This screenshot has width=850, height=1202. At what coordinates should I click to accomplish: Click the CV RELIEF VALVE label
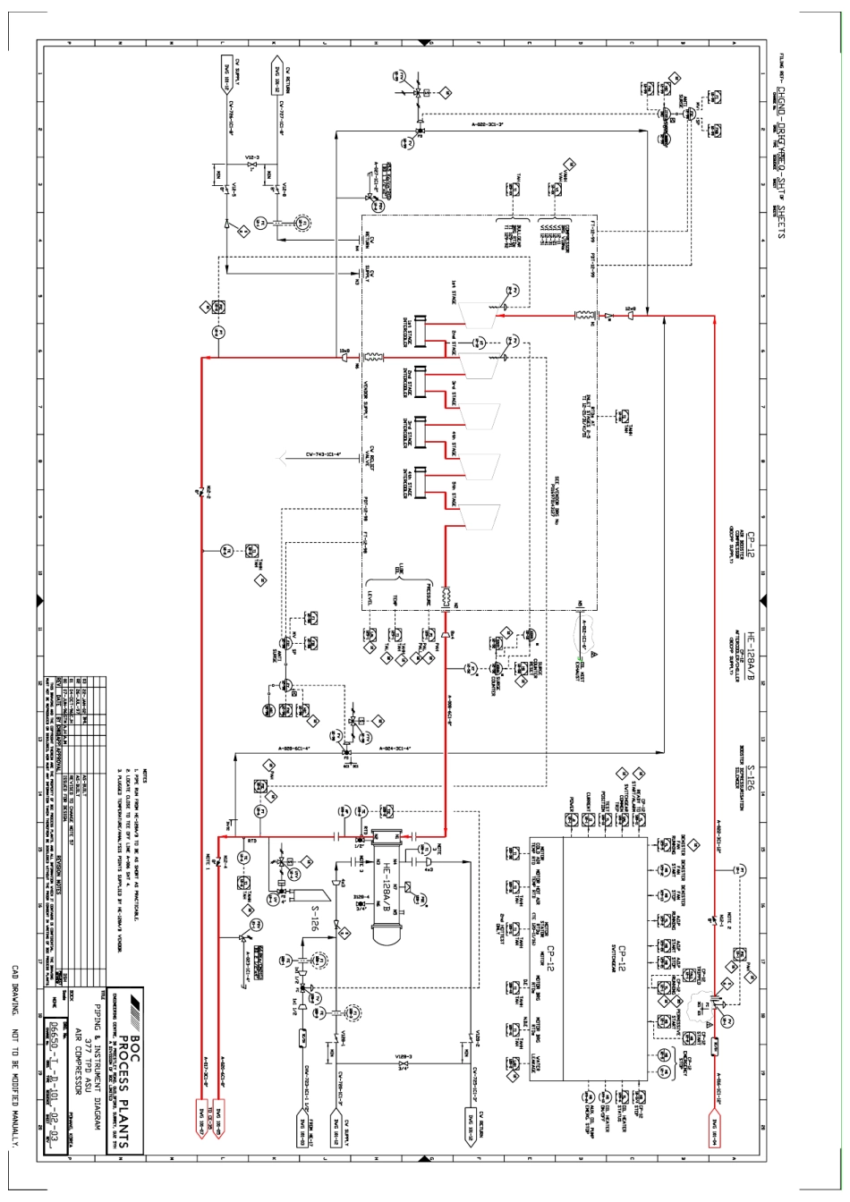tap(362, 456)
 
